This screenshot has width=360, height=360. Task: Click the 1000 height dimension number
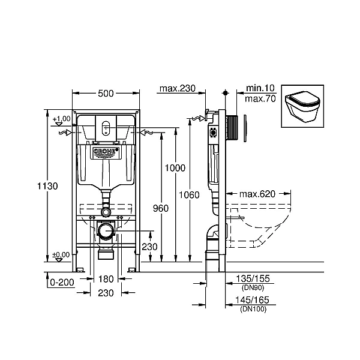point(175,169)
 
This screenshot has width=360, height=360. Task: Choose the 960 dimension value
point(161,208)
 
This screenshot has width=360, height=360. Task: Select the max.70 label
point(260,98)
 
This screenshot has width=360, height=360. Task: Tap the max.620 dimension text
point(257,194)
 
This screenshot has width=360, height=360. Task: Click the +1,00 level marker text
point(61,119)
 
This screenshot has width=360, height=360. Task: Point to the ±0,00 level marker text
point(61,255)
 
